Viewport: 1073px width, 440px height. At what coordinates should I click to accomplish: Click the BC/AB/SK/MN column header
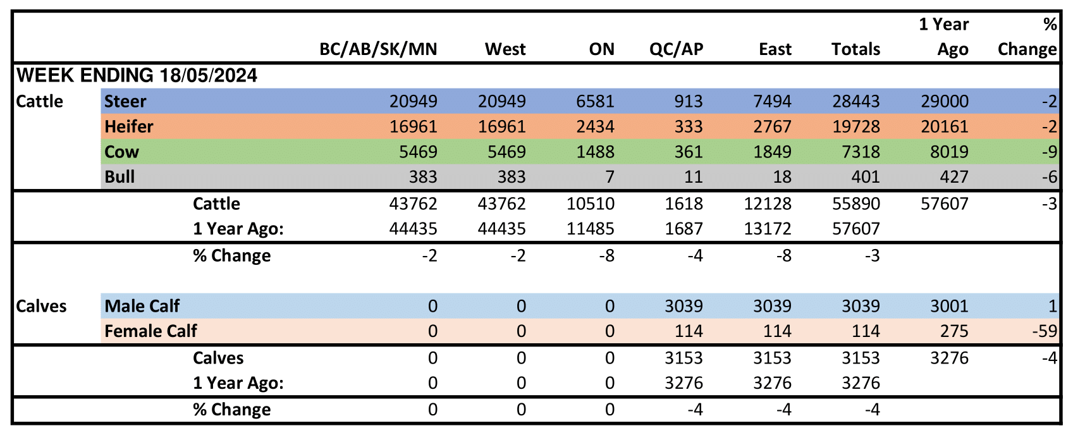(x=378, y=49)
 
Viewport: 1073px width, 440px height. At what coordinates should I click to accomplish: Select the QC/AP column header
(x=676, y=49)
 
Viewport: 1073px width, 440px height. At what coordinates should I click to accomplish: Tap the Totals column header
(x=855, y=49)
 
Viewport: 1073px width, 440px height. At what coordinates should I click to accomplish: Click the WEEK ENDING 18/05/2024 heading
(x=137, y=76)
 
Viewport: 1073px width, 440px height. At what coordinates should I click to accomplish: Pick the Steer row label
(x=125, y=101)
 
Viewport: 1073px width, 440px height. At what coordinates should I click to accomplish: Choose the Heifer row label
(x=129, y=126)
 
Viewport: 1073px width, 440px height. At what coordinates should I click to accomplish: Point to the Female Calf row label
(x=150, y=331)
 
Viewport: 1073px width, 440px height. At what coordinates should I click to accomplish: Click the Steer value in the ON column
(x=595, y=101)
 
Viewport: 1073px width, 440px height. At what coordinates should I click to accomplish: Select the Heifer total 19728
(x=855, y=126)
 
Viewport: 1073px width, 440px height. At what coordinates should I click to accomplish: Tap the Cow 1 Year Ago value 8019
(x=944, y=152)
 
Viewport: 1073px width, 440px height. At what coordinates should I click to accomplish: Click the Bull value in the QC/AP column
(x=693, y=177)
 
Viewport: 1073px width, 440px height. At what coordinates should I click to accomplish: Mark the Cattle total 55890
(x=855, y=204)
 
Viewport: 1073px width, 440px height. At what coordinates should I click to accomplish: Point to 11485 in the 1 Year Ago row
(x=590, y=229)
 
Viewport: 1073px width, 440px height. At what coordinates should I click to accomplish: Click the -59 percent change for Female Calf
(x=1044, y=331)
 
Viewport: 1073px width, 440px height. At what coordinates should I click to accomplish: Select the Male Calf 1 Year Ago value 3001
(x=949, y=306)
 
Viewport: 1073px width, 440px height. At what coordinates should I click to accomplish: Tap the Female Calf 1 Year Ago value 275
(x=954, y=331)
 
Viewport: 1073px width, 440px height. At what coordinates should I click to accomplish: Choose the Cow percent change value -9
(x=1049, y=152)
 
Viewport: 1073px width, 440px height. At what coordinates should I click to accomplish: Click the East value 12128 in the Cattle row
(x=767, y=204)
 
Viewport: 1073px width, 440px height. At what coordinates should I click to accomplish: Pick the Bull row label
(x=120, y=177)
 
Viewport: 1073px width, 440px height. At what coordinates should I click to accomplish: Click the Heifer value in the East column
(x=772, y=126)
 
